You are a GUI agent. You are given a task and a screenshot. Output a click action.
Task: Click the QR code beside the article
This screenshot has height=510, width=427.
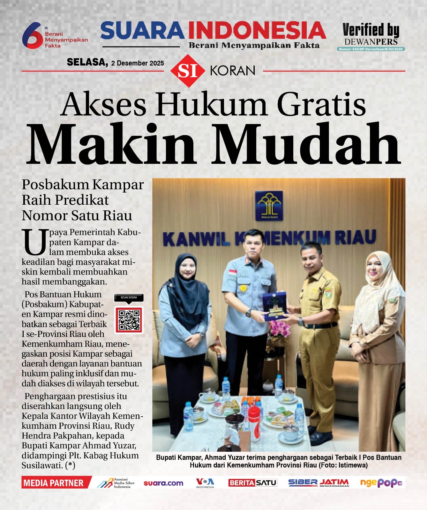coord(129,320)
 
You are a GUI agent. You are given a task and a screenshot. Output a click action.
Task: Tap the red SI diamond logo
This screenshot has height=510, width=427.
coord(187,71)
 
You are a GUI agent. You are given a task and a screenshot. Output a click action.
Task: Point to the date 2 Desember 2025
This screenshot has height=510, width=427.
coord(138,63)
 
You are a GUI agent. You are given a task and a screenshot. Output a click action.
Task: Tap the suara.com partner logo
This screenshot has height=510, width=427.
coord(163,483)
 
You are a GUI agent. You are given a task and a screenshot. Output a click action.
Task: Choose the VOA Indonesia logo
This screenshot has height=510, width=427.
coord(205,483)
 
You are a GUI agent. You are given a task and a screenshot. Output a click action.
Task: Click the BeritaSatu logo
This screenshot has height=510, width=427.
coord(252,483)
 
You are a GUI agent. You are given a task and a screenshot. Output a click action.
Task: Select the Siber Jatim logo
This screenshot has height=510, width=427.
coord(318,483)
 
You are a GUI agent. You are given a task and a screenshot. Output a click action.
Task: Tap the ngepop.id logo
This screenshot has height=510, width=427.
coord(381,483)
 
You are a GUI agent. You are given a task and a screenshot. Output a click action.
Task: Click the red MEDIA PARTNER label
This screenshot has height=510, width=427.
coord(54,483)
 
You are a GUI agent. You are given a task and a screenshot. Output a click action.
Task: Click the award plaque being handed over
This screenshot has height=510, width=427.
coord(274,305)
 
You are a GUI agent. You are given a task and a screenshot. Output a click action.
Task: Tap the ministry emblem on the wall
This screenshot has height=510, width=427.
coord(269,206)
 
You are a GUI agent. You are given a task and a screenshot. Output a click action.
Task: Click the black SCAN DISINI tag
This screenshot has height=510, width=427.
coord(129,298)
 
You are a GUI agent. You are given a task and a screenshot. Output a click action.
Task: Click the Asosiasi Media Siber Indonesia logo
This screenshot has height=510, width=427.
coord(116,483)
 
